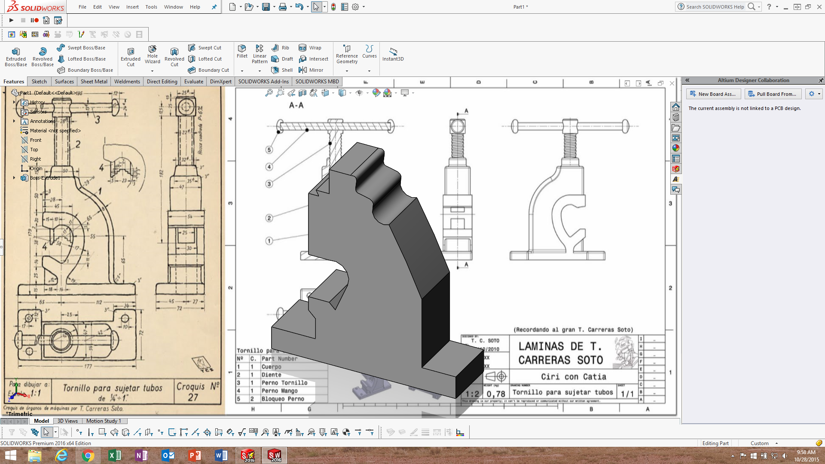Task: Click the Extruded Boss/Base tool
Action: (x=16, y=56)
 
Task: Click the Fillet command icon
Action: (x=242, y=51)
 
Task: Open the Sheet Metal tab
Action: (x=94, y=82)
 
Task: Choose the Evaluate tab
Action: (x=194, y=82)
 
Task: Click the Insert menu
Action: (x=132, y=7)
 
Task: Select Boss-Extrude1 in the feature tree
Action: (x=45, y=178)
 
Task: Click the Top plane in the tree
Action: (x=34, y=150)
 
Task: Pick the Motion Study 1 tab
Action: (x=104, y=421)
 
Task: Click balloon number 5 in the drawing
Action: (x=269, y=150)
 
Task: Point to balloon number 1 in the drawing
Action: (x=269, y=241)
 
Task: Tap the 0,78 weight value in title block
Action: (x=495, y=394)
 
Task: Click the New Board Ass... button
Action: (x=713, y=94)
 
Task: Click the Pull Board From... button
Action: (x=773, y=94)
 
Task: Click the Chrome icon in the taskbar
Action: (x=88, y=455)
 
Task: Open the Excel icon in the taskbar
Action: (x=114, y=455)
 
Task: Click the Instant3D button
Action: (x=393, y=54)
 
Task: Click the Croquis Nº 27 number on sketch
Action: (x=193, y=397)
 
